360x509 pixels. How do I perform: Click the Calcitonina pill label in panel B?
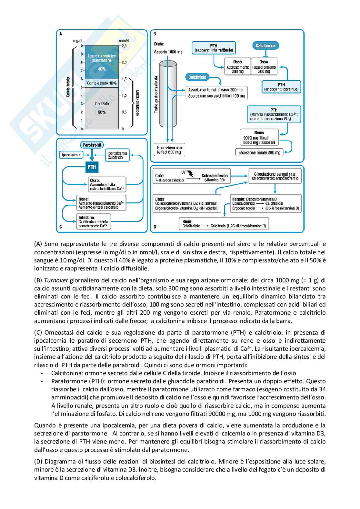(265, 46)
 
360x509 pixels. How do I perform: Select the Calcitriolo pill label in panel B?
(197, 77)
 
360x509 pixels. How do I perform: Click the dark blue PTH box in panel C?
(92, 167)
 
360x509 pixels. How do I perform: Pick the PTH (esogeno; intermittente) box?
(214, 48)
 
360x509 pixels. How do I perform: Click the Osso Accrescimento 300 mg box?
(237, 67)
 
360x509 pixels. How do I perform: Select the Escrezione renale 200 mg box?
(259, 152)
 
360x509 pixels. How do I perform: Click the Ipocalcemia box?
(71, 155)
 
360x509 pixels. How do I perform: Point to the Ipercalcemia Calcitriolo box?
(117, 155)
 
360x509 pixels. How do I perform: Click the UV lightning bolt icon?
(191, 174)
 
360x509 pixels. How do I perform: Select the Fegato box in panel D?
(265, 204)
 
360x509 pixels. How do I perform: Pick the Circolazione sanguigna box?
(275, 176)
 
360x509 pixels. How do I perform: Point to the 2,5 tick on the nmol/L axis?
(124, 46)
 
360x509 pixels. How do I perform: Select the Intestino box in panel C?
(93, 222)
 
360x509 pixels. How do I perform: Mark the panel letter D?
(155, 227)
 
